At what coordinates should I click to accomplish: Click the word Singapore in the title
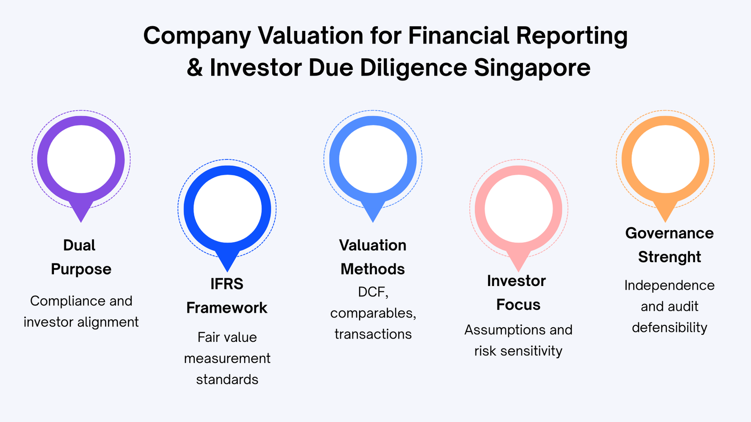click(532, 68)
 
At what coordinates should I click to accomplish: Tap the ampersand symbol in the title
click(195, 68)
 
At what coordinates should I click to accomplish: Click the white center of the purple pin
click(81, 159)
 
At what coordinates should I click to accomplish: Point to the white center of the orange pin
click(666, 159)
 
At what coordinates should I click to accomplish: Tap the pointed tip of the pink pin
click(519, 271)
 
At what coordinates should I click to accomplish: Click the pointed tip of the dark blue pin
click(227, 271)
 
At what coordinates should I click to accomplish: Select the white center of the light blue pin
click(373, 159)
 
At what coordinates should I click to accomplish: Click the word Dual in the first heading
click(79, 245)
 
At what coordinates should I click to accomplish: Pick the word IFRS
click(227, 284)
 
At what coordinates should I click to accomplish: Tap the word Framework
click(227, 308)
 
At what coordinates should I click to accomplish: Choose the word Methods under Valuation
click(373, 269)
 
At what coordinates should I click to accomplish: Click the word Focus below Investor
click(518, 305)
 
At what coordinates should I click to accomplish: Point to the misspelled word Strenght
click(669, 257)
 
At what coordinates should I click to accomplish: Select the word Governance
click(669, 233)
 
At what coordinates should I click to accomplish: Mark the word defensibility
click(669, 327)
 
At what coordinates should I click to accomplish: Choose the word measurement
click(227, 359)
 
